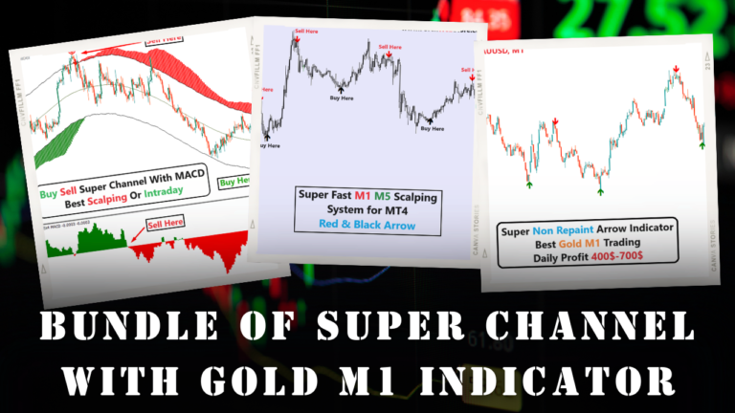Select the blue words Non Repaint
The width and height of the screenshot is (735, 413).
pyautogui.click(x=568, y=230)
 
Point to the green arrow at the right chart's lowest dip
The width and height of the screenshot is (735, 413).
pyautogui.click(x=600, y=190)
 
